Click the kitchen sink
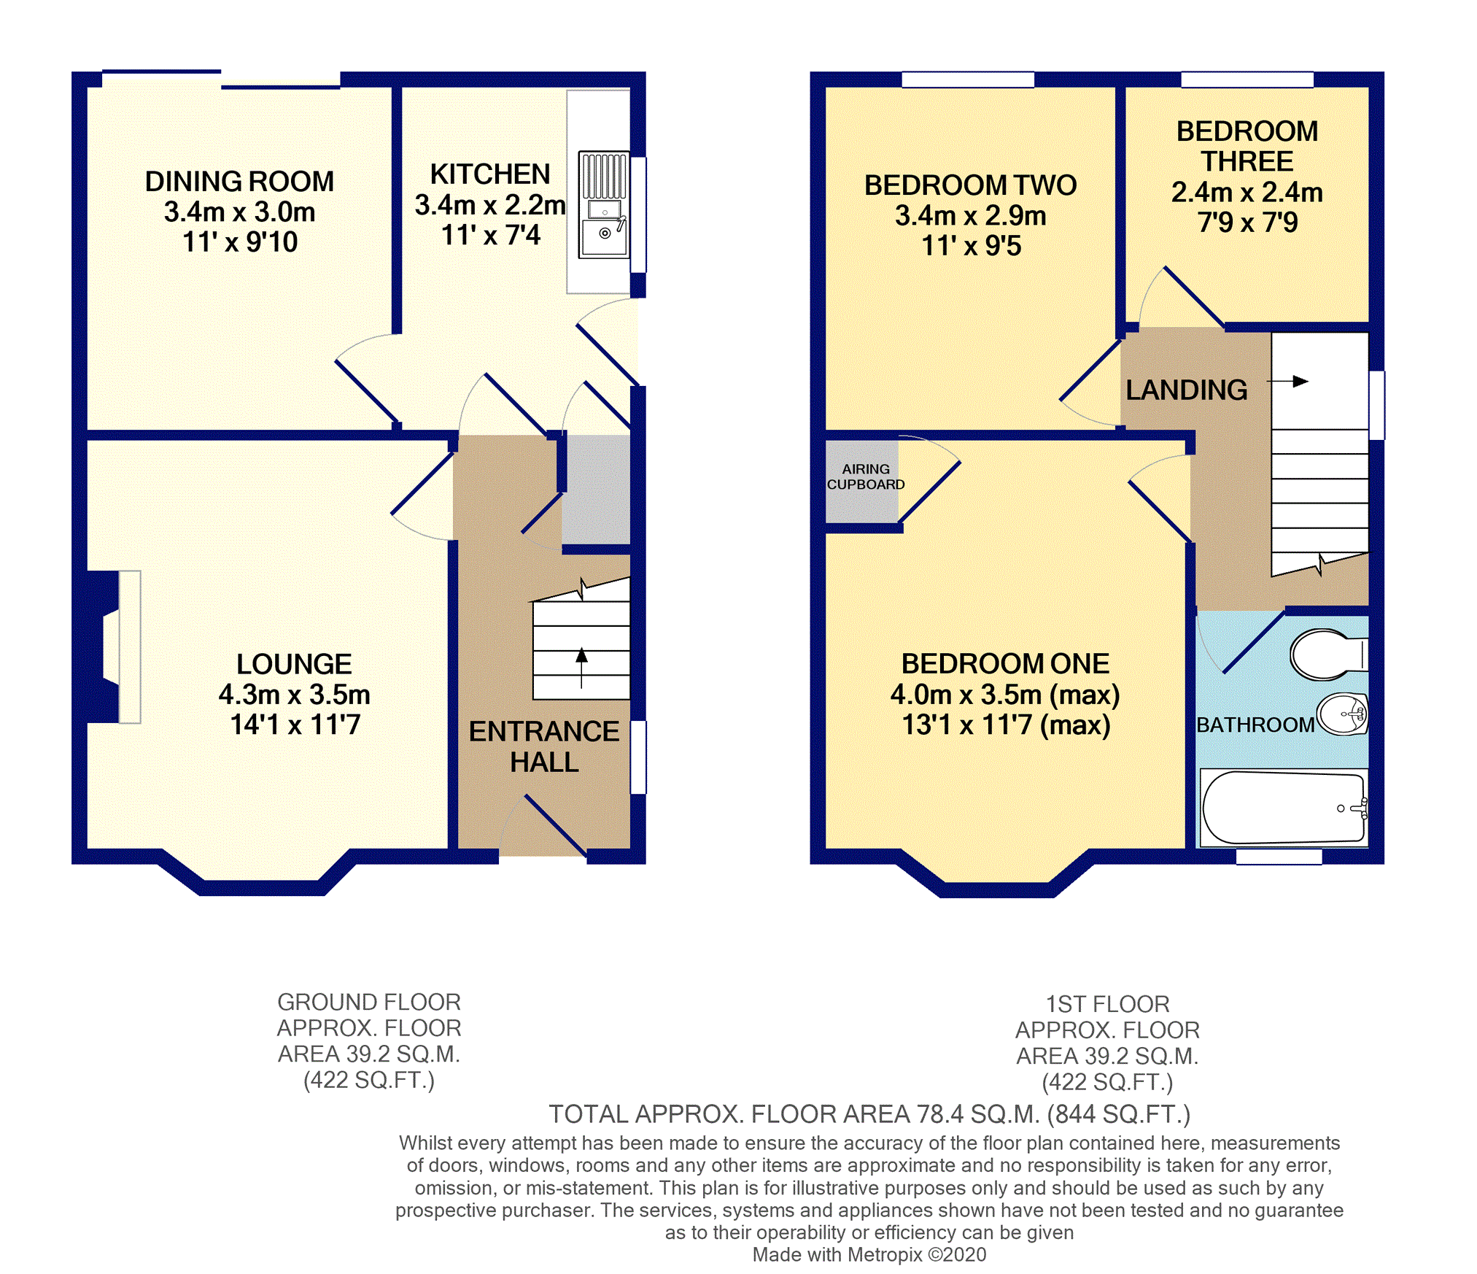pos(604,205)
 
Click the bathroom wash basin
pos(1342,714)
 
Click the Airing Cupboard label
pos(865,476)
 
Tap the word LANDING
pos(1186,390)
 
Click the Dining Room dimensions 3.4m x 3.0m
pos(239,212)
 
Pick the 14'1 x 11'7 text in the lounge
pos(295,725)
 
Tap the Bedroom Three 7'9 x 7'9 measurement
pos(1247,222)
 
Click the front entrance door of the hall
pos(554,825)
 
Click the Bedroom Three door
pos(1193,296)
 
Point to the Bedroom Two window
pos(968,80)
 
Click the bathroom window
pos(1279,857)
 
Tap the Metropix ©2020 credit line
pos(869,1254)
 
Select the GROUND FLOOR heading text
pos(368,1002)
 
